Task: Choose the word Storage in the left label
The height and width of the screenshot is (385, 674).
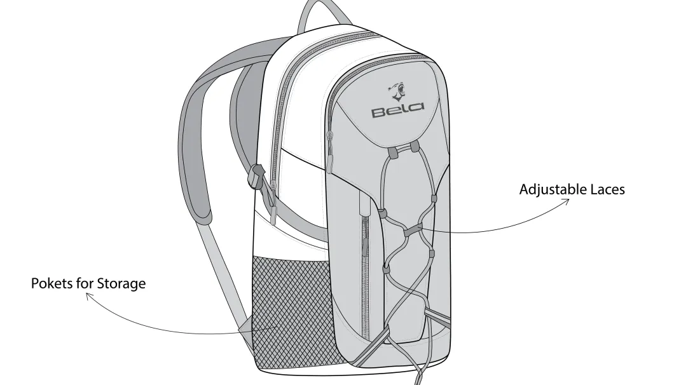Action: coord(121,284)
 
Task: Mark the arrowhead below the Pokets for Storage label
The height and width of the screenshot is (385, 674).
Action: coord(89,295)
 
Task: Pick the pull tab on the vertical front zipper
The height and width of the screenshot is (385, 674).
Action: coord(365,247)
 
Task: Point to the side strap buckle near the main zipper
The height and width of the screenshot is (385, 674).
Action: coord(256,175)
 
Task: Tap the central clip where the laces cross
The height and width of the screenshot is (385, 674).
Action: coord(413,230)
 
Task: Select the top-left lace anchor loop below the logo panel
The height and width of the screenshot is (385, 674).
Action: coord(392,152)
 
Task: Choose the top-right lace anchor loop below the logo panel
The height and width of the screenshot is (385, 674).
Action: coord(414,147)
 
